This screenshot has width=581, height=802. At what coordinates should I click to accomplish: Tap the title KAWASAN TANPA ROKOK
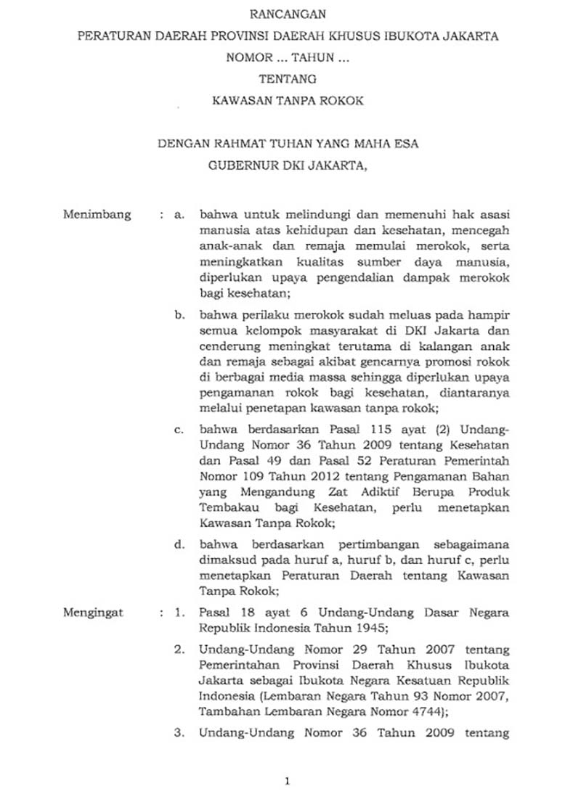pyautogui.click(x=288, y=102)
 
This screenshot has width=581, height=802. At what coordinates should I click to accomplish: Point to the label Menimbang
pyautogui.click(x=97, y=215)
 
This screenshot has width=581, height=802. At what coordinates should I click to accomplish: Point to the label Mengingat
pyautogui.click(x=93, y=613)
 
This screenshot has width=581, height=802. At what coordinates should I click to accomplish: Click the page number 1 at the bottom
pyautogui.click(x=288, y=782)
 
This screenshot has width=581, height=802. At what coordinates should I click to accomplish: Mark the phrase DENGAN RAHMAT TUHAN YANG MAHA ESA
pyautogui.click(x=288, y=144)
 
